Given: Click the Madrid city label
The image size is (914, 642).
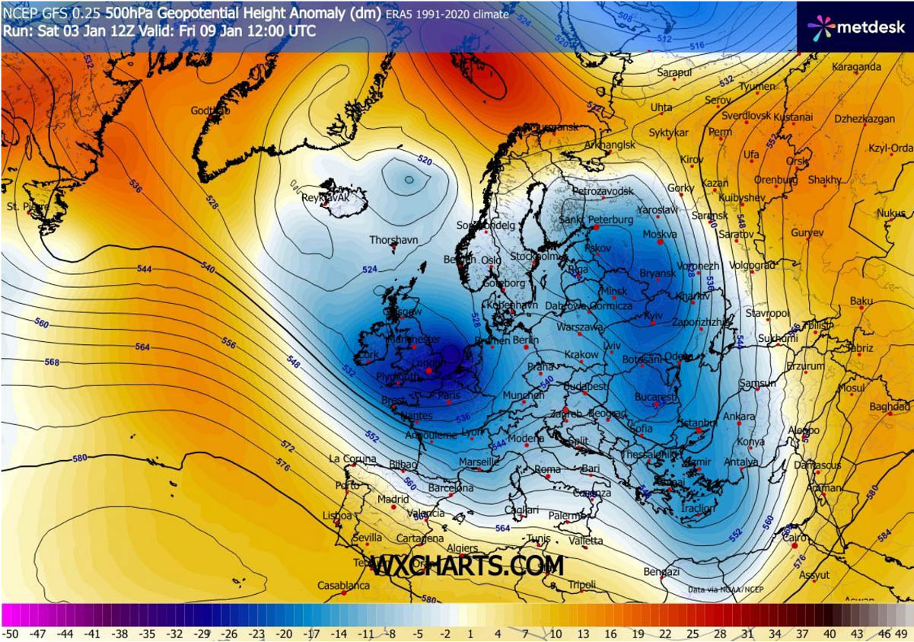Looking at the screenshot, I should point(393,500).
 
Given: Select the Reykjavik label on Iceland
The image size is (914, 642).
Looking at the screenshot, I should point(325,197).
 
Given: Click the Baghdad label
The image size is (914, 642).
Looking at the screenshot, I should point(889,407).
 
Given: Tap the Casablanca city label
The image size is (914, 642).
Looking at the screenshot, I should point(344,586).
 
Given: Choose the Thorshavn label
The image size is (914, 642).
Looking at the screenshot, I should point(393,240).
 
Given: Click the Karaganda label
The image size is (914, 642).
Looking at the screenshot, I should point(856,67).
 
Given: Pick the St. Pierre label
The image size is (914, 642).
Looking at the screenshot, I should point(23,206).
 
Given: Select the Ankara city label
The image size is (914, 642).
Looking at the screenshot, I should point(739,417).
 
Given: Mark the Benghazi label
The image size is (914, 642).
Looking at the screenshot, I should point(661,571).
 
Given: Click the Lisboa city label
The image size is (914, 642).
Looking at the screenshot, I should point(337,516).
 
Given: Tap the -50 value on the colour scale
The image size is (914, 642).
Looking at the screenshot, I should point(10,633).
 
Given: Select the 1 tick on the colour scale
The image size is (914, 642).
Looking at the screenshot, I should point(470,633).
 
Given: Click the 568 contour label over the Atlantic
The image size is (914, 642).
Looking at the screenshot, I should point(52,362).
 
